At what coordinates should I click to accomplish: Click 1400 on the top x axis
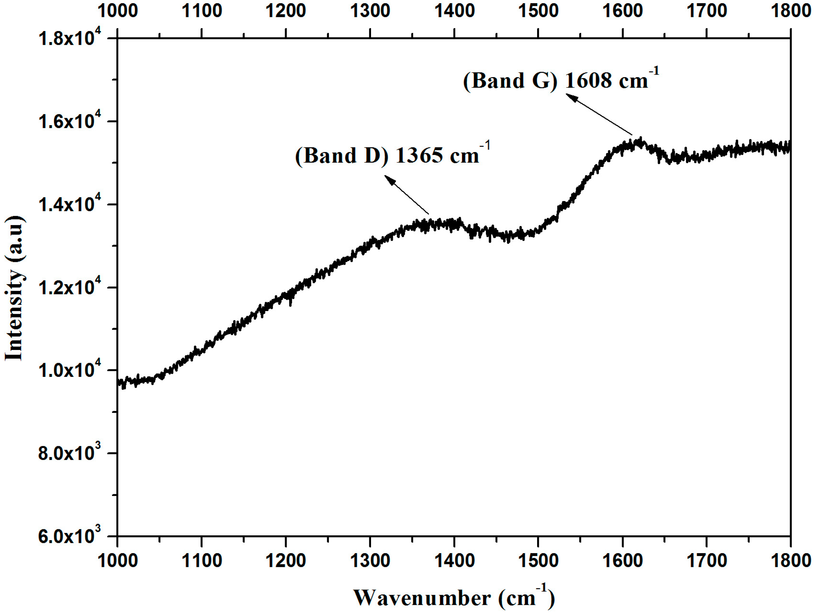pyautogui.click(x=454, y=11)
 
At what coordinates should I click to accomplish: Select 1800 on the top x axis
pyautogui.click(x=790, y=11)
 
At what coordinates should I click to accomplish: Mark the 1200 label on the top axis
pyautogui.click(x=286, y=11)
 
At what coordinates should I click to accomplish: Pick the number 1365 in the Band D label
pyautogui.click(x=419, y=155)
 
